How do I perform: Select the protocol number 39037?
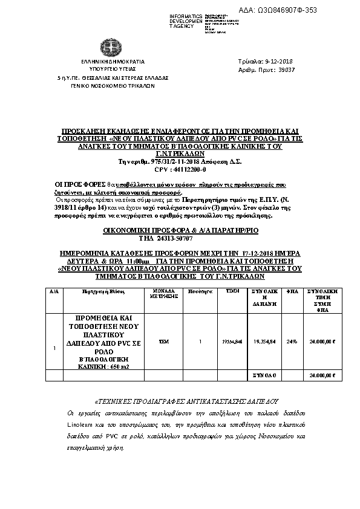(x=284, y=70)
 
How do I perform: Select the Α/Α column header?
(x=54, y=291)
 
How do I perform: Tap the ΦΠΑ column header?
(x=292, y=291)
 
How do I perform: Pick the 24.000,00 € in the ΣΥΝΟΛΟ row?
(x=322, y=375)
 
